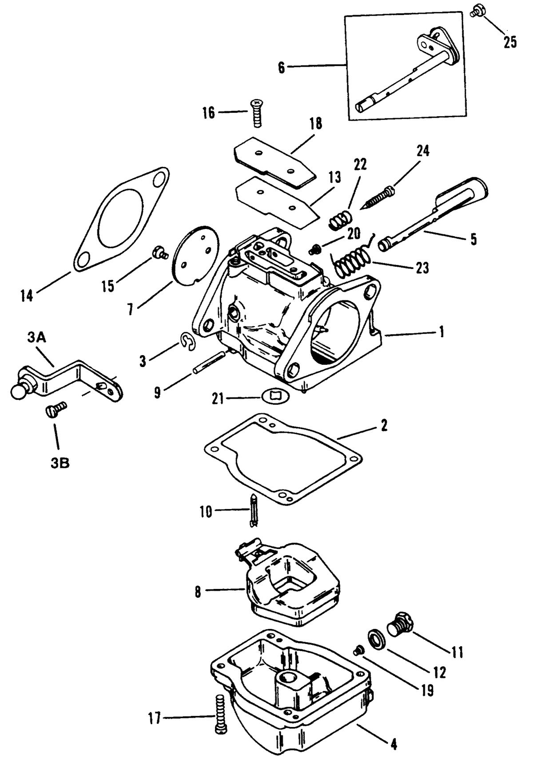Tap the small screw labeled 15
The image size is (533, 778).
click(159, 253)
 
